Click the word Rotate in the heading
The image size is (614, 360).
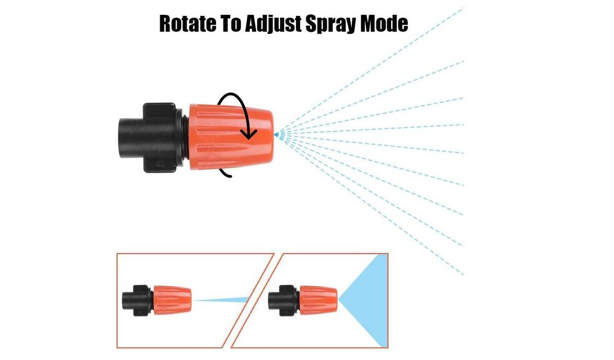click(x=187, y=23)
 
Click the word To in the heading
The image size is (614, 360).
click(x=230, y=23)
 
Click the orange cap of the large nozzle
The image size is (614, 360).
click(x=231, y=137)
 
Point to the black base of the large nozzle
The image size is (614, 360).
click(x=151, y=138)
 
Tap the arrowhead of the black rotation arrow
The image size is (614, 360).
click(x=249, y=135)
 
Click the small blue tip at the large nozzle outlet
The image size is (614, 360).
click(x=276, y=135)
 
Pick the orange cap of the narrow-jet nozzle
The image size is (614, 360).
click(x=172, y=300)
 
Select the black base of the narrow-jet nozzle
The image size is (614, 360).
click(x=138, y=300)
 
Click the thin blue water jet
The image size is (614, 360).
click(x=221, y=300)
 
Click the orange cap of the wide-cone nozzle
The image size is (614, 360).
click(x=318, y=300)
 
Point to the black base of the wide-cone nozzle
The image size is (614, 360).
click(x=284, y=300)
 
